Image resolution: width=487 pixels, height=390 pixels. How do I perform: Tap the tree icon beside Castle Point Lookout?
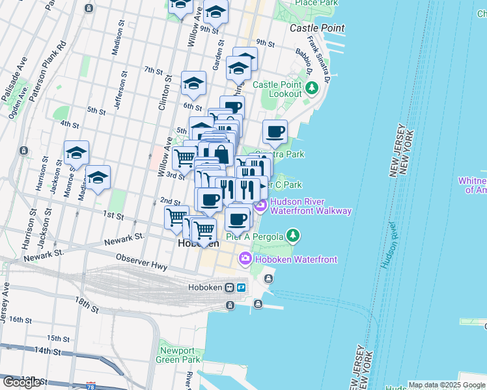[312, 87]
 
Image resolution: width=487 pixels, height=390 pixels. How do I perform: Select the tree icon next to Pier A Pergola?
[294, 235]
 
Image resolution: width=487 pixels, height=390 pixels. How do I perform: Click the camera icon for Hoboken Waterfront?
[245, 259]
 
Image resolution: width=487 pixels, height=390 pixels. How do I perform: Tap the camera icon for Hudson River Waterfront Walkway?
[260, 206]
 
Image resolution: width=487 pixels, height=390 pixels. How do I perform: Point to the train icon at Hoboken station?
[229, 287]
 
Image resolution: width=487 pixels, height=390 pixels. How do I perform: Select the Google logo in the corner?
[21, 382]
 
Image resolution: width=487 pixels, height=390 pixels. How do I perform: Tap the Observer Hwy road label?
[141, 263]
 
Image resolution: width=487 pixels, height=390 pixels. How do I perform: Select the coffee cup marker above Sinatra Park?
[275, 131]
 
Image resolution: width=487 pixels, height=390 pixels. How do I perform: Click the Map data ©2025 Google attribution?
[447, 385]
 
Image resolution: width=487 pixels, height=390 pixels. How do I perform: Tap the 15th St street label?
[58, 339]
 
